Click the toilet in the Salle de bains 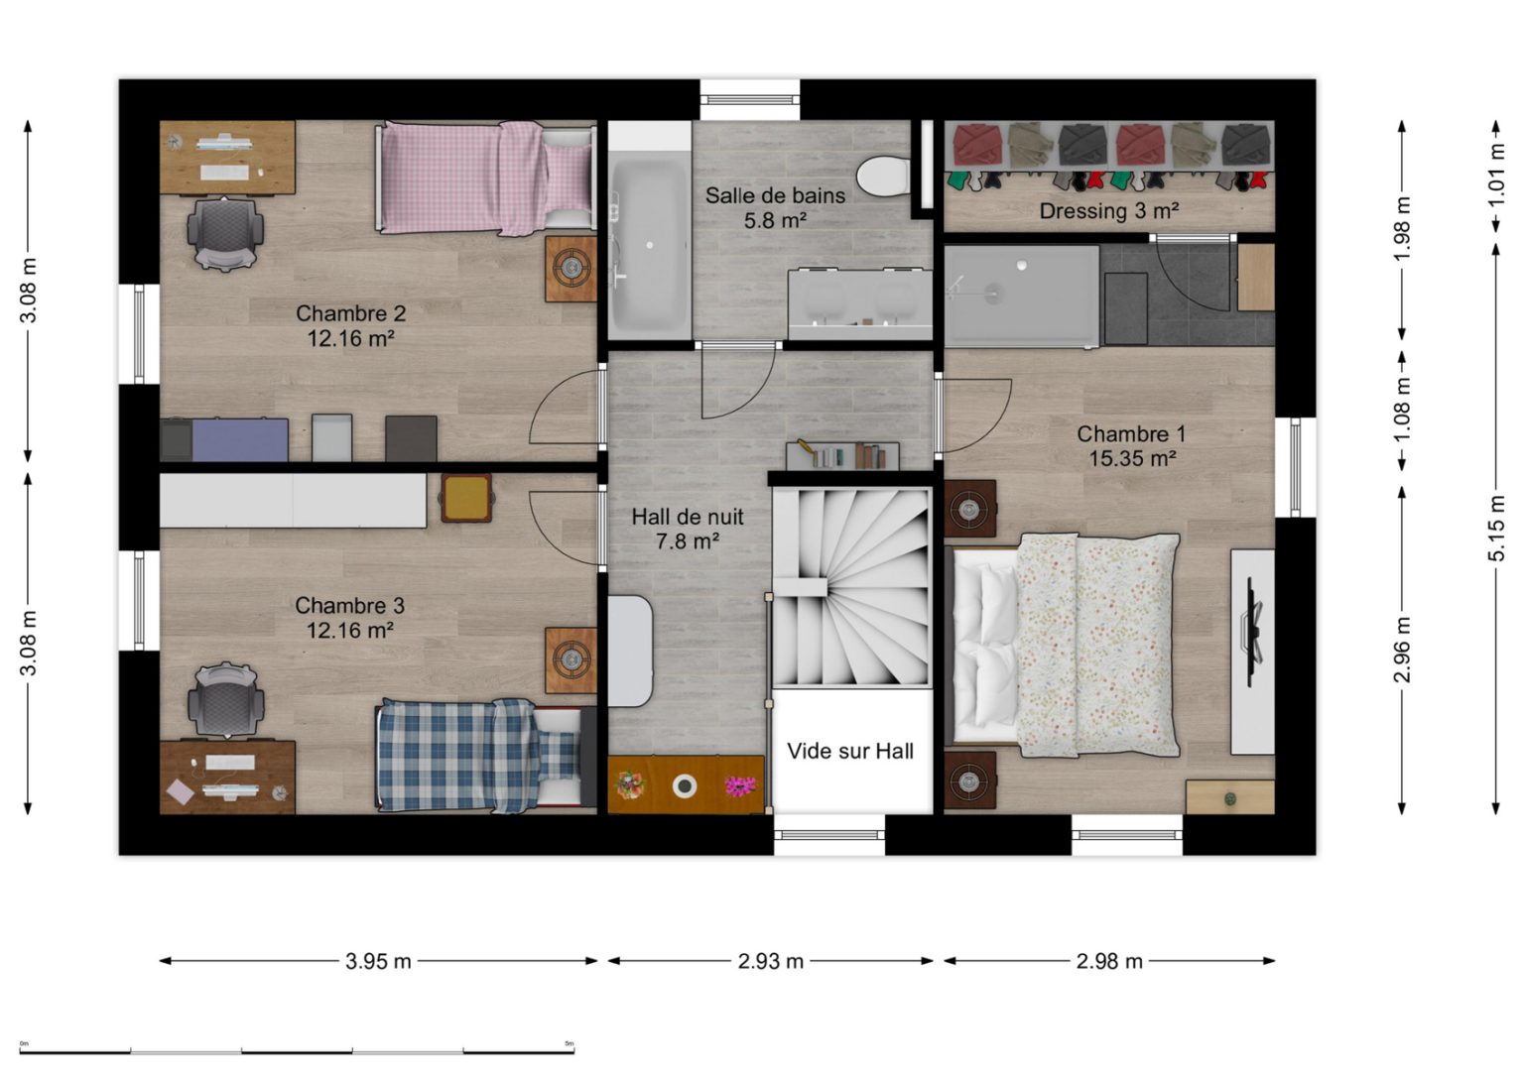pyautogui.click(x=883, y=177)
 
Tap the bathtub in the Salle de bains pyautogui.click(x=650, y=245)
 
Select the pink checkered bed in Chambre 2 pyautogui.click(x=486, y=179)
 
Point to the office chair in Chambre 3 pyautogui.click(x=226, y=700)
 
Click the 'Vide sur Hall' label pyautogui.click(x=849, y=751)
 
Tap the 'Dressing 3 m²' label pyautogui.click(x=1109, y=211)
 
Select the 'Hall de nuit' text pyautogui.click(x=688, y=517)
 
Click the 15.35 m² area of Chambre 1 pyautogui.click(x=1132, y=459)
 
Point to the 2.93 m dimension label pyautogui.click(x=770, y=961)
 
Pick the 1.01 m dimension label pyautogui.click(x=1496, y=177)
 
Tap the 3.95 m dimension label pyautogui.click(x=378, y=961)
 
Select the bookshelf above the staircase pyautogui.click(x=843, y=454)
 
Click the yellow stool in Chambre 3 pyautogui.click(x=466, y=498)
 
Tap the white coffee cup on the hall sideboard pyautogui.click(x=685, y=786)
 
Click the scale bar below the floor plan pyautogui.click(x=297, y=1052)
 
